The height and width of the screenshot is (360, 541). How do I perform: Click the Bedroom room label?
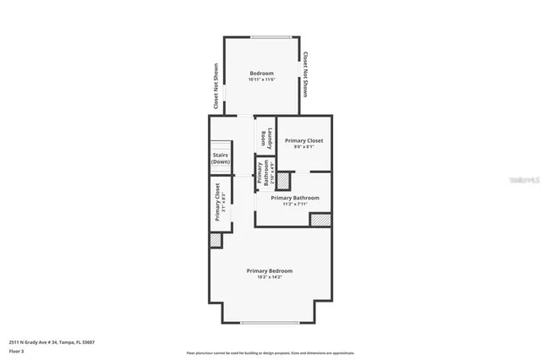pos(261,74)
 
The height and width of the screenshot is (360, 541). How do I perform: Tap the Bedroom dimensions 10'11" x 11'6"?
pos(261,80)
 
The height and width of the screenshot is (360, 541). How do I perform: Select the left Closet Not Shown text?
pos(216,86)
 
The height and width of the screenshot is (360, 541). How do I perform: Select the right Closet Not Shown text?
pos(305,75)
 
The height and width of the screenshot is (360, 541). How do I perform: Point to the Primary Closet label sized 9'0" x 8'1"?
pos(303,140)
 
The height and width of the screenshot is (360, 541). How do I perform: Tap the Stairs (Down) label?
pos(221,158)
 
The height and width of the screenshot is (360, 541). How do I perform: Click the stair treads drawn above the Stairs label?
pos(221,145)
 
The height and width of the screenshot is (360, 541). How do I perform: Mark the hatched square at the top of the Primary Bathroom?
pos(283,180)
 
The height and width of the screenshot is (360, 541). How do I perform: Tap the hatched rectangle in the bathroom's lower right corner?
pos(320,220)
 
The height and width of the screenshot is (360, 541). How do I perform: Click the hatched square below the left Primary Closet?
pos(216,240)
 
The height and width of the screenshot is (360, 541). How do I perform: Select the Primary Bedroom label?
pos(270,270)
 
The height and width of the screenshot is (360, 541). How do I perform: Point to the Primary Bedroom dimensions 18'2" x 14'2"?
pos(270,277)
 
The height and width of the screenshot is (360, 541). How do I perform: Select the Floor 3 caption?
pos(17,350)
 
